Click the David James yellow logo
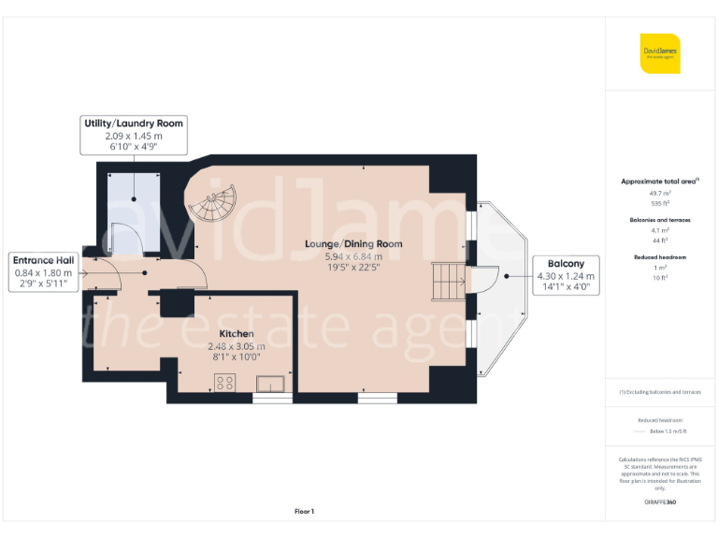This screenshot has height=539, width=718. (660, 53)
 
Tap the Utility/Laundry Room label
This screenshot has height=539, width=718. (134, 124)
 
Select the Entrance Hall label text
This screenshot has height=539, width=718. (44, 260)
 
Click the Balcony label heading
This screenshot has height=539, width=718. (567, 264)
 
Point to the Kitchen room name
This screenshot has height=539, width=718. (236, 333)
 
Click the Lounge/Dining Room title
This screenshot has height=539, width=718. (353, 244)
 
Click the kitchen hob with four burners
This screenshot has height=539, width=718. (225, 381)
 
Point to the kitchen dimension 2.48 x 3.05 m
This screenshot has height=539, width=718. (236, 345)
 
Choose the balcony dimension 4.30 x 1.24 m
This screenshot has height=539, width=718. (566, 276)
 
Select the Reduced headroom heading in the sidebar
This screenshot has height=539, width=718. (660, 256)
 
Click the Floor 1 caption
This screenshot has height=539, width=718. (304, 511)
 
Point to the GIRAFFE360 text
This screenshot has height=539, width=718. (660, 503)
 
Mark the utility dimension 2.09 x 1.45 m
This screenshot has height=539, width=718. (134, 136)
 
